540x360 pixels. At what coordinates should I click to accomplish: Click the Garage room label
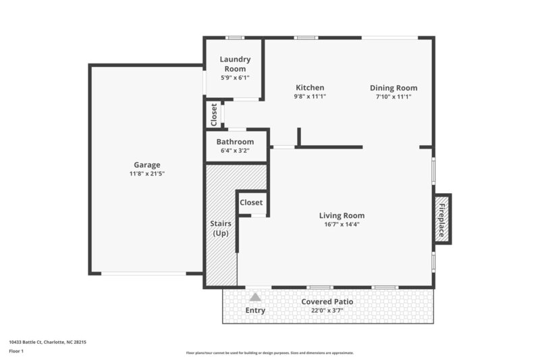coord(146,165)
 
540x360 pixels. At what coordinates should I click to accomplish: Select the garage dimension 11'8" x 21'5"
coord(146,174)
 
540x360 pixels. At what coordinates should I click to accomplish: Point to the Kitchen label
coord(310,88)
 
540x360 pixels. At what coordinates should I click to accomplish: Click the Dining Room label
coord(394,88)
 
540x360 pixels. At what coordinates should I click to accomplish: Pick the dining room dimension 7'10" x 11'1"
coord(394,97)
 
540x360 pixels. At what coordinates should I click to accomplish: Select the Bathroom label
coord(235,142)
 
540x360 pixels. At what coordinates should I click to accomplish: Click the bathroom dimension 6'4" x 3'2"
coord(235,151)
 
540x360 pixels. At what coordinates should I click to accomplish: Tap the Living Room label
coord(342,215)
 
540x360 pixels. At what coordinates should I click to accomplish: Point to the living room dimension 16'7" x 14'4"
coord(342,224)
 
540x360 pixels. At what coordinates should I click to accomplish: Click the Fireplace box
coord(442,219)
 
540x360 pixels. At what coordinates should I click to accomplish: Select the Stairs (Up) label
coord(221,228)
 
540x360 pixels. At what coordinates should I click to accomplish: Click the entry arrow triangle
coord(254,297)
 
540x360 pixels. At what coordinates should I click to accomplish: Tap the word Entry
coord(255,311)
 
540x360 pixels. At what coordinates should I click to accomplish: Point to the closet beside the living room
coord(251,203)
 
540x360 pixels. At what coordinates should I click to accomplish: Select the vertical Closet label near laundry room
coord(214,114)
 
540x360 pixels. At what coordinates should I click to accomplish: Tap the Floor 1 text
coord(16,351)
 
